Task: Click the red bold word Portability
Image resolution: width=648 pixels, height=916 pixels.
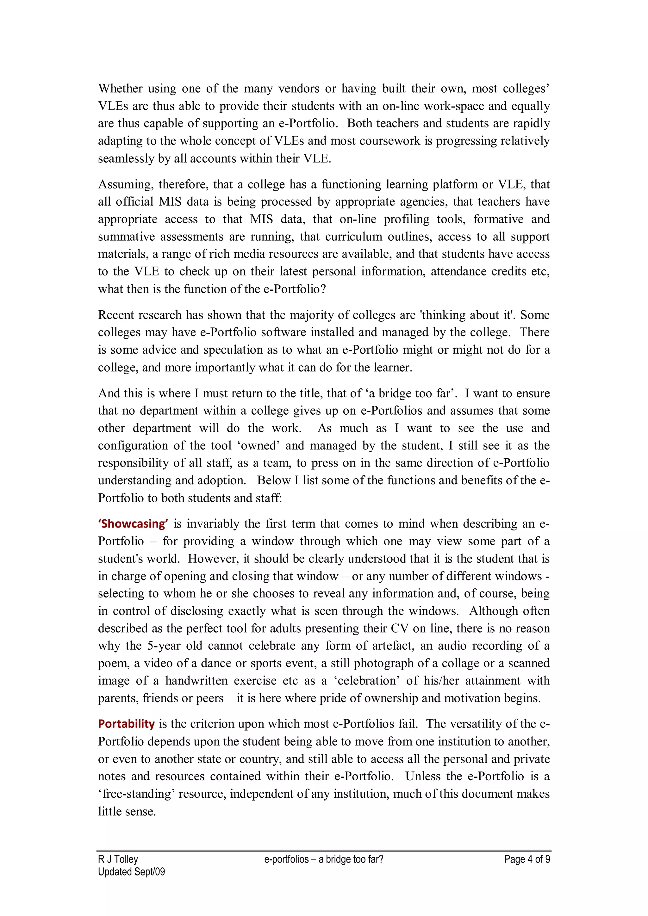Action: (126, 724)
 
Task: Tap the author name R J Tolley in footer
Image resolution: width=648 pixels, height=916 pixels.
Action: (118, 859)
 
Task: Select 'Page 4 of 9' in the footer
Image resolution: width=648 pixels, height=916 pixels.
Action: (527, 859)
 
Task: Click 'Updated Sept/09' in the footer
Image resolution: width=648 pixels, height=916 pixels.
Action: (131, 872)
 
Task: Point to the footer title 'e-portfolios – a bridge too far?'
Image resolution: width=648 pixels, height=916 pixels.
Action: (324, 859)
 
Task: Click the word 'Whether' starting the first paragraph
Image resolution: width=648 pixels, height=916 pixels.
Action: (121, 89)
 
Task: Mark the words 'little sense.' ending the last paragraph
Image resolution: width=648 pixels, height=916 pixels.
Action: (127, 812)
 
